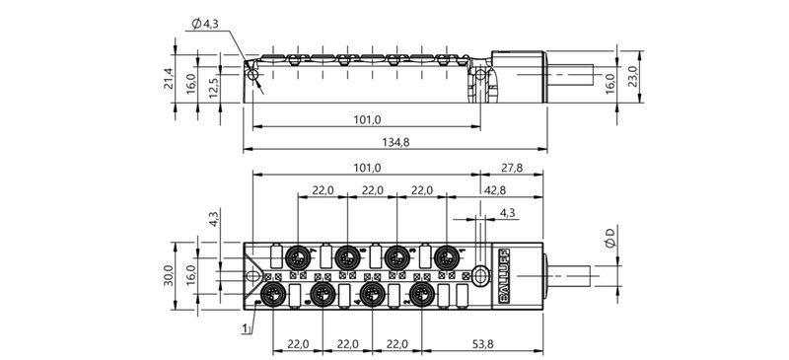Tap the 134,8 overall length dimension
(x=394, y=142)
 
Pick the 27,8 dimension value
(x=512, y=168)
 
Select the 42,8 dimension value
(x=495, y=190)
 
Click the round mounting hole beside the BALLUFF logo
(x=479, y=276)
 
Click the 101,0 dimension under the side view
(x=366, y=120)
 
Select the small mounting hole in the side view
(x=254, y=75)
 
